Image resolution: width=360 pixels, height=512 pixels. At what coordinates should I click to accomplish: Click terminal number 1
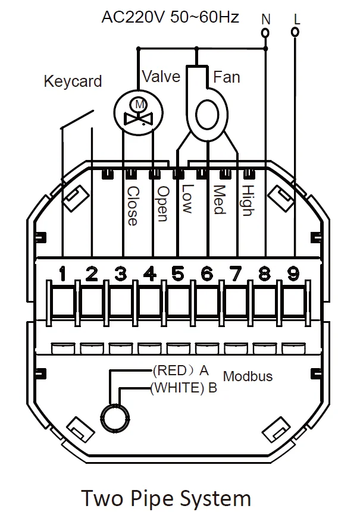62,274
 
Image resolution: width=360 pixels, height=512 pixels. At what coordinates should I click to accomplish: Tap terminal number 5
178,274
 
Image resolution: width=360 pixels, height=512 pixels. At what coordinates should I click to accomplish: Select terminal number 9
294,274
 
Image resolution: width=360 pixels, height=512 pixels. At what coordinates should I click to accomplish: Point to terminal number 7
236,274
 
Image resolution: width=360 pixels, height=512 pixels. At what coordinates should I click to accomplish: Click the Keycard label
73,81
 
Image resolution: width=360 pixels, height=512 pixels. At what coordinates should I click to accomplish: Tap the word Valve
161,76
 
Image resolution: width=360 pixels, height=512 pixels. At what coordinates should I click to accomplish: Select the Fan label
227,76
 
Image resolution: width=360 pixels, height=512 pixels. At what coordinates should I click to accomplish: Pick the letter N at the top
265,20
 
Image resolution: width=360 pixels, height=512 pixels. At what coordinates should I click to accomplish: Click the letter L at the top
296,20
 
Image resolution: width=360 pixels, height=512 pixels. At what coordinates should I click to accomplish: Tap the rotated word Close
133,206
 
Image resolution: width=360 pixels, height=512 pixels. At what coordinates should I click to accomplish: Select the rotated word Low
187,200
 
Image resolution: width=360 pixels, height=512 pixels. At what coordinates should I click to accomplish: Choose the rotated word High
247,200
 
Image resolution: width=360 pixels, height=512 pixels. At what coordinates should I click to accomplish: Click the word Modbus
248,376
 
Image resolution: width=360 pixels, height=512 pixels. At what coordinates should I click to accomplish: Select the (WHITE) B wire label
183,388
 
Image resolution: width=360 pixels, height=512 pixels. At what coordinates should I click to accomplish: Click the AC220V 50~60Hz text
170,17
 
